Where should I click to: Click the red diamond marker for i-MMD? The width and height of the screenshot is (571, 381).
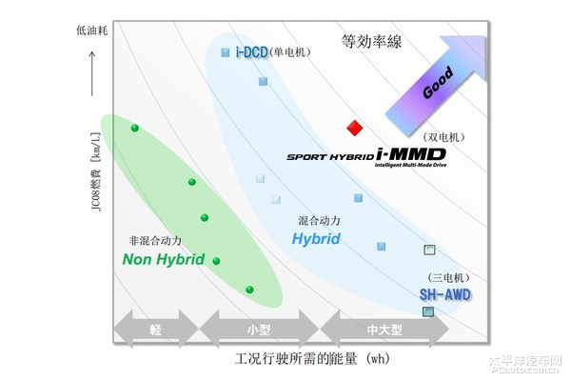(355, 128)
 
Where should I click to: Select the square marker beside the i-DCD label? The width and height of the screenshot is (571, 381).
(225, 52)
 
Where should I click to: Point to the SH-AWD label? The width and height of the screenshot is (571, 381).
(445, 295)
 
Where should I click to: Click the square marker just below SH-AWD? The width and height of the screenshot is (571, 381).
(428, 311)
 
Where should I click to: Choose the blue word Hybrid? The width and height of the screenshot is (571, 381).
(316, 239)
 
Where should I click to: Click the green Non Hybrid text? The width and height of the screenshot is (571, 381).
(164, 258)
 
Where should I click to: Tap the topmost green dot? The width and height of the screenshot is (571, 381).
(135, 128)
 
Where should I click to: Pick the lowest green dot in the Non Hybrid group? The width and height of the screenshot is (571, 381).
(249, 290)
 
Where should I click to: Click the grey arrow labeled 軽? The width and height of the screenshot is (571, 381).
(156, 330)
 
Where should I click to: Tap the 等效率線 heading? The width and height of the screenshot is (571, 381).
(370, 41)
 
